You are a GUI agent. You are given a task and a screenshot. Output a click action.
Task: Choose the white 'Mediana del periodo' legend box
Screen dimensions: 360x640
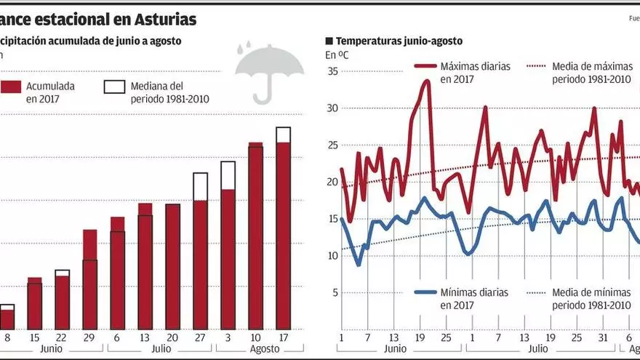point(115,87)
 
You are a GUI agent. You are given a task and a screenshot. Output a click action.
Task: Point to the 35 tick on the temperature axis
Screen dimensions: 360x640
point(332,71)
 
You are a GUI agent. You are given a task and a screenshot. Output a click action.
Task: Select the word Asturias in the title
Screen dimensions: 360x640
point(166,19)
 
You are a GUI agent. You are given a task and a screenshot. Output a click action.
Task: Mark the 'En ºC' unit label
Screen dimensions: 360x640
point(336,55)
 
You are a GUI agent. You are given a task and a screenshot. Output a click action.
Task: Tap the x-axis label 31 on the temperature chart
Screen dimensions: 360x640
point(603,337)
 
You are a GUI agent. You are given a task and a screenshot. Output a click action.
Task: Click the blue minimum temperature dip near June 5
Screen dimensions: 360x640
point(359,264)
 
